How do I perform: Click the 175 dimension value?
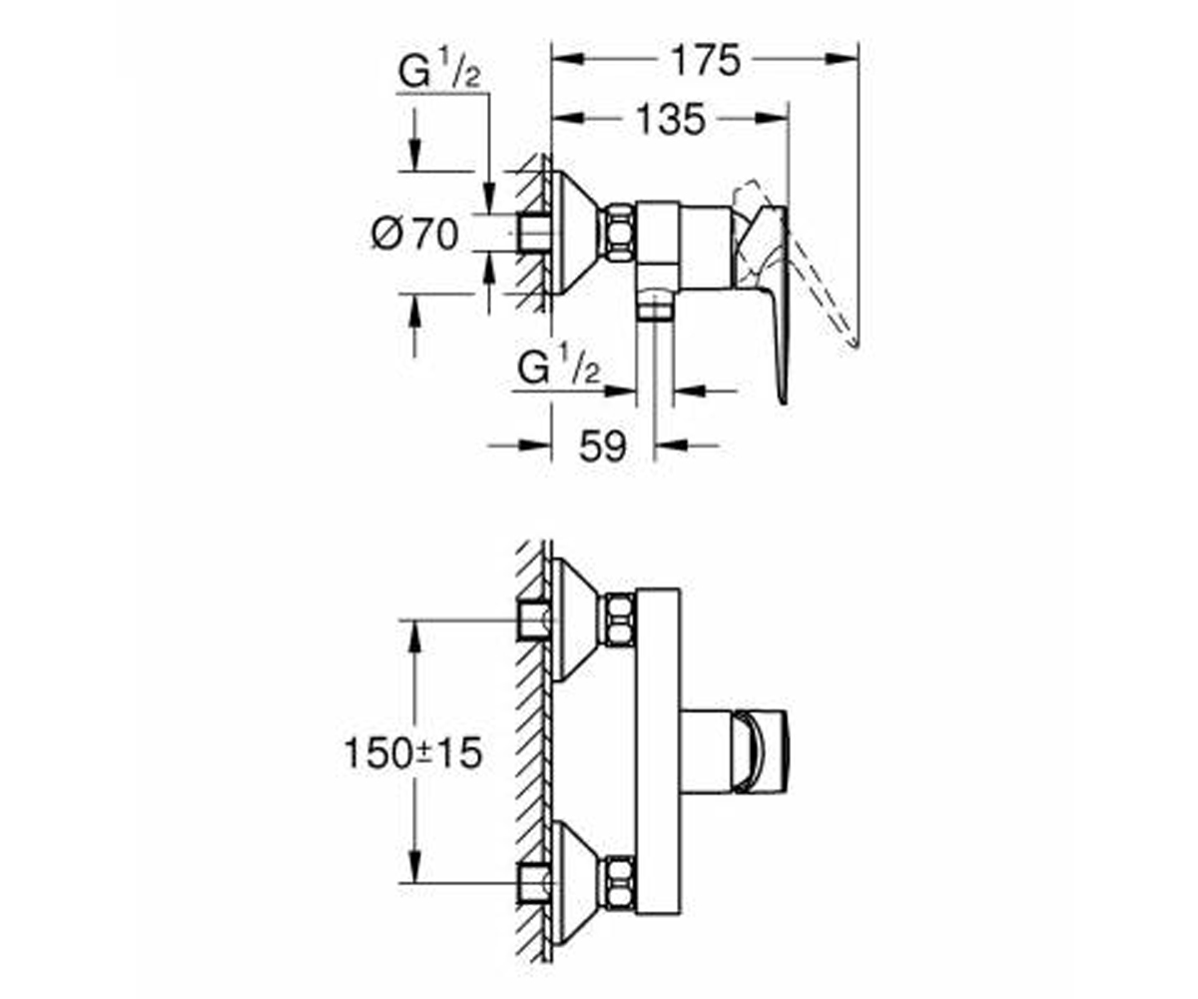pos(706,60)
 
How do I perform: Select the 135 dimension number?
pos(671,120)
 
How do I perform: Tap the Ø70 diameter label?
pos(415,234)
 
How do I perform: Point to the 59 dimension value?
pos(602,446)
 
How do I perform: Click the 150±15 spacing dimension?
pos(413,753)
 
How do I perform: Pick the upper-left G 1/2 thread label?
pos(439,72)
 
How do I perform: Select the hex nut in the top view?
pos(619,234)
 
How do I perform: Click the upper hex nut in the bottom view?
pos(619,621)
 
